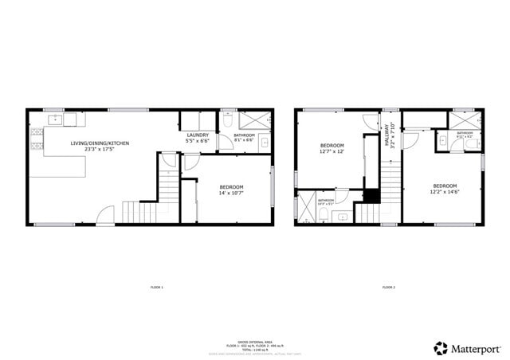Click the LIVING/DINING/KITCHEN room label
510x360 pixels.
click(x=100, y=143)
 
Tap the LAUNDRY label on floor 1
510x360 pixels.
click(x=198, y=135)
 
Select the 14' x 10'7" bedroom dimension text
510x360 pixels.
click(x=231, y=193)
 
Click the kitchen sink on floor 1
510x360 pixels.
click(x=56, y=120)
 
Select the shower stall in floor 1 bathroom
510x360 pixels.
click(x=254, y=120)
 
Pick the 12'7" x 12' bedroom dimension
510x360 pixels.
click(x=331, y=151)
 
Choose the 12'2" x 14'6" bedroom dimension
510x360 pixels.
click(x=445, y=191)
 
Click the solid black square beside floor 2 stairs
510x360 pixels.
click(x=371, y=194)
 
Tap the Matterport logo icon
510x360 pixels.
click(x=440, y=348)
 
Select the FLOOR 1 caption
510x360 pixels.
click(x=156, y=287)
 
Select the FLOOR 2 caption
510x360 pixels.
click(x=388, y=287)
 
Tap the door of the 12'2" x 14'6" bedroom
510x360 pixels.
click(x=410, y=140)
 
